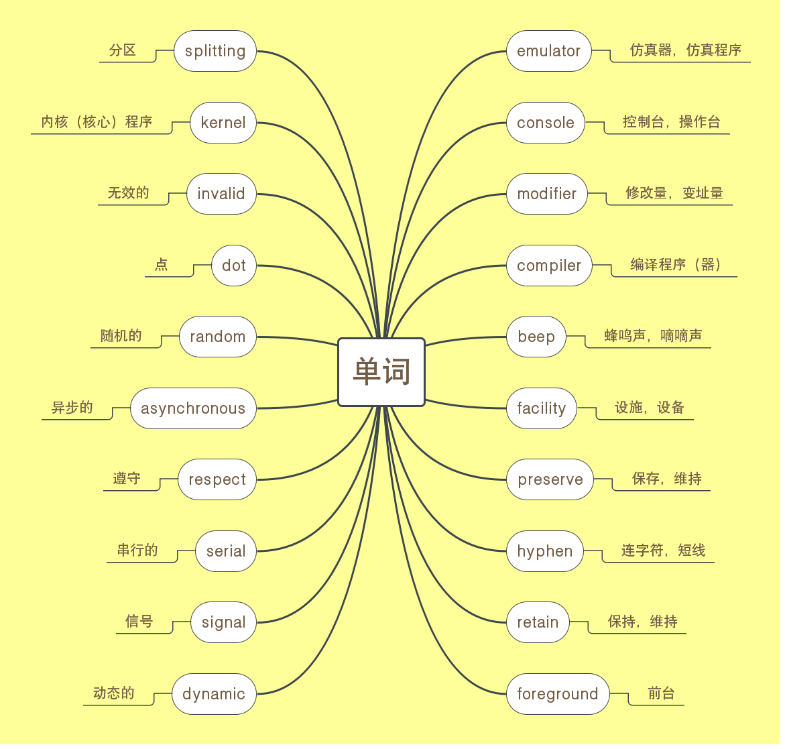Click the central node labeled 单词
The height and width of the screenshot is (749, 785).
pyautogui.click(x=381, y=372)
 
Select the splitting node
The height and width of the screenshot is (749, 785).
pyautogui.click(x=215, y=51)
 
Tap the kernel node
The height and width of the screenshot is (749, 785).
pyautogui.click(x=223, y=123)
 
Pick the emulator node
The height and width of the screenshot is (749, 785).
pyautogui.click(x=548, y=51)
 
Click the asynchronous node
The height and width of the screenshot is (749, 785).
pyautogui.click(x=193, y=408)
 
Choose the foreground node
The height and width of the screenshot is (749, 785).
pyautogui.click(x=557, y=694)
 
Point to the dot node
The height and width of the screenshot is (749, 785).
pyautogui.click(x=234, y=266)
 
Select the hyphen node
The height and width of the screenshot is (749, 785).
pyautogui.click(x=544, y=551)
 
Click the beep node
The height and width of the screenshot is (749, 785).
pyautogui.click(x=536, y=337)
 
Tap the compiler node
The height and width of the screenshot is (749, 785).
pyautogui.click(x=549, y=266)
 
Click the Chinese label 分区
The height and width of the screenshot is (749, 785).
pyautogui.click(x=123, y=50)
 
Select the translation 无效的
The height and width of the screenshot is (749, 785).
pyautogui.click(x=128, y=193)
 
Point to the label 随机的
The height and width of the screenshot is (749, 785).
pyautogui.click(x=121, y=336)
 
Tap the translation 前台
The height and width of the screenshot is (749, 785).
pyautogui.click(x=661, y=693)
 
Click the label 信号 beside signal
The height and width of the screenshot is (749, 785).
pyautogui.click(x=139, y=622)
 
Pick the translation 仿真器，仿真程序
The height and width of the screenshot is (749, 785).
pyautogui.click(x=686, y=50)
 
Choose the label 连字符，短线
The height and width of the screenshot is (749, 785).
pyautogui.click(x=663, y=551)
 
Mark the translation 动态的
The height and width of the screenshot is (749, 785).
pyautogui.click(x=114, y=693)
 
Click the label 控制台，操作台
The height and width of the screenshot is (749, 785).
pyautogui.click(x=671, y=122)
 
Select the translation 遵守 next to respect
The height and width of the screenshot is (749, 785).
pyautogui.click(x=127, y=479)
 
